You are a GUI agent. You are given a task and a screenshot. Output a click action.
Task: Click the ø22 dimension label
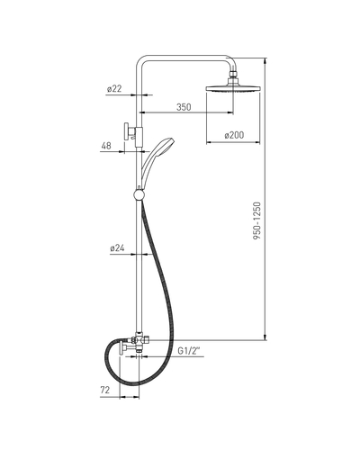[114, 89]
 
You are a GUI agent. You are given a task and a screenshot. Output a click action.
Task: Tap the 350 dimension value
[184, 107]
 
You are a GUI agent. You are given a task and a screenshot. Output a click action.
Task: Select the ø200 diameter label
[234, 135]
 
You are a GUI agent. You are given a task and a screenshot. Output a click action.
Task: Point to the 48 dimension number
[106, 146]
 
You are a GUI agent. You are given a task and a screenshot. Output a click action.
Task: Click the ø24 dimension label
[117, 248]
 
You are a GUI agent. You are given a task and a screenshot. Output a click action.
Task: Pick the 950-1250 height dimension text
[257, 220]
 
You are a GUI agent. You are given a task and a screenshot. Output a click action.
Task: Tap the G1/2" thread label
[189, 351]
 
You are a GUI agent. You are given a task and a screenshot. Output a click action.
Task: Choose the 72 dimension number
[105, 390]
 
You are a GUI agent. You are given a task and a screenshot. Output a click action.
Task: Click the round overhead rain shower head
[233, 88]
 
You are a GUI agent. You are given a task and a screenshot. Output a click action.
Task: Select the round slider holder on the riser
[139, 194]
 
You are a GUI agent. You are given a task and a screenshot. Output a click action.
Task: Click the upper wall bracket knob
[126, 131]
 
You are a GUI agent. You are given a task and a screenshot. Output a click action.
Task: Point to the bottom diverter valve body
[139, 340]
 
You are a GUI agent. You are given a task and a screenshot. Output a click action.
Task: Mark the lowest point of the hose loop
[132, 385]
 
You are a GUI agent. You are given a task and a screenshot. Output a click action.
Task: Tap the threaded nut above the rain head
[233, 74]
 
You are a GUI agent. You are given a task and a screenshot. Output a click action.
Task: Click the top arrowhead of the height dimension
[265, 61]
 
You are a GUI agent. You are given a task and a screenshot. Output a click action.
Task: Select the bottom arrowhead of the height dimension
[265, 337]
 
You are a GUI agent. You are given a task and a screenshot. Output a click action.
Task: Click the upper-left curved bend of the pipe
[139, 60]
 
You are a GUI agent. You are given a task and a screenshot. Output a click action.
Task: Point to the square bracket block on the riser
[139, 137]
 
